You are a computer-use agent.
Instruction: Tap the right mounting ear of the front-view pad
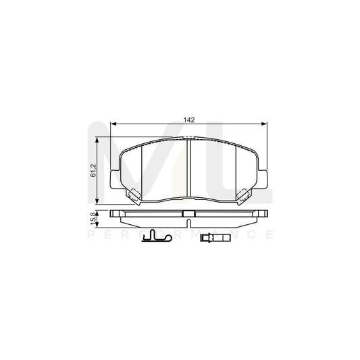click(263, 180)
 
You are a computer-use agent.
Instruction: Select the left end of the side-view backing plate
click(112, 213)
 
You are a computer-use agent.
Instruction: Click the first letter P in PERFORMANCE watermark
click(92, 234)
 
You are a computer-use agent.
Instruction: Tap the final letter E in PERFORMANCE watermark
click(270, 234)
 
